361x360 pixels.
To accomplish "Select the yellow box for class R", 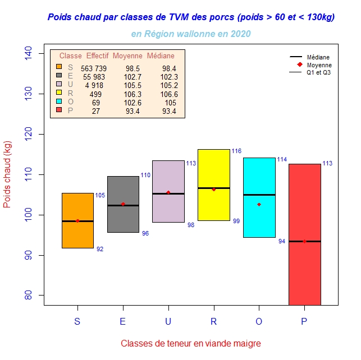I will (x=213, y=168).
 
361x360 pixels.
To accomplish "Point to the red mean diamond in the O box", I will (x=259, y=205).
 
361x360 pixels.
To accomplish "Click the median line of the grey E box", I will (x=123, y=206).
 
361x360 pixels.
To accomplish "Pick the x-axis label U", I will (x=168, y=321).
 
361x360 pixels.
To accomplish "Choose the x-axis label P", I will (x=304, y=321).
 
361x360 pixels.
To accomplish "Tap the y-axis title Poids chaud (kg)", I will (x=7, y=175).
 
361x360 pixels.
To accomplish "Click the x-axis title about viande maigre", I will (x=191, y=343).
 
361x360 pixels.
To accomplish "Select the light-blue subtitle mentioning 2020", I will (x=191, y=34).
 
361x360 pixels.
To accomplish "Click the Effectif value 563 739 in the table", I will (x=94, y=68).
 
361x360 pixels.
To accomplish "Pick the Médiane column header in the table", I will (x=161, y=56).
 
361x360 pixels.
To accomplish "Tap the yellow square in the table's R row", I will (x=59, y=93).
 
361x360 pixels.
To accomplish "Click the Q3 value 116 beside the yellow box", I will (x=236, y=151).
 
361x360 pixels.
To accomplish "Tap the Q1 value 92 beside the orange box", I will (x=100, y=249).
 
